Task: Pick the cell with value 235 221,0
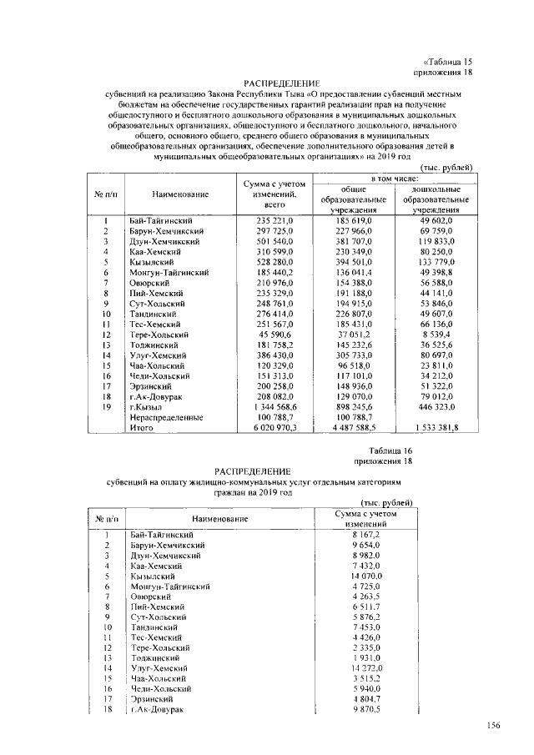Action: coord(270,219)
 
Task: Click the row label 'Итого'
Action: coord(142,427)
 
